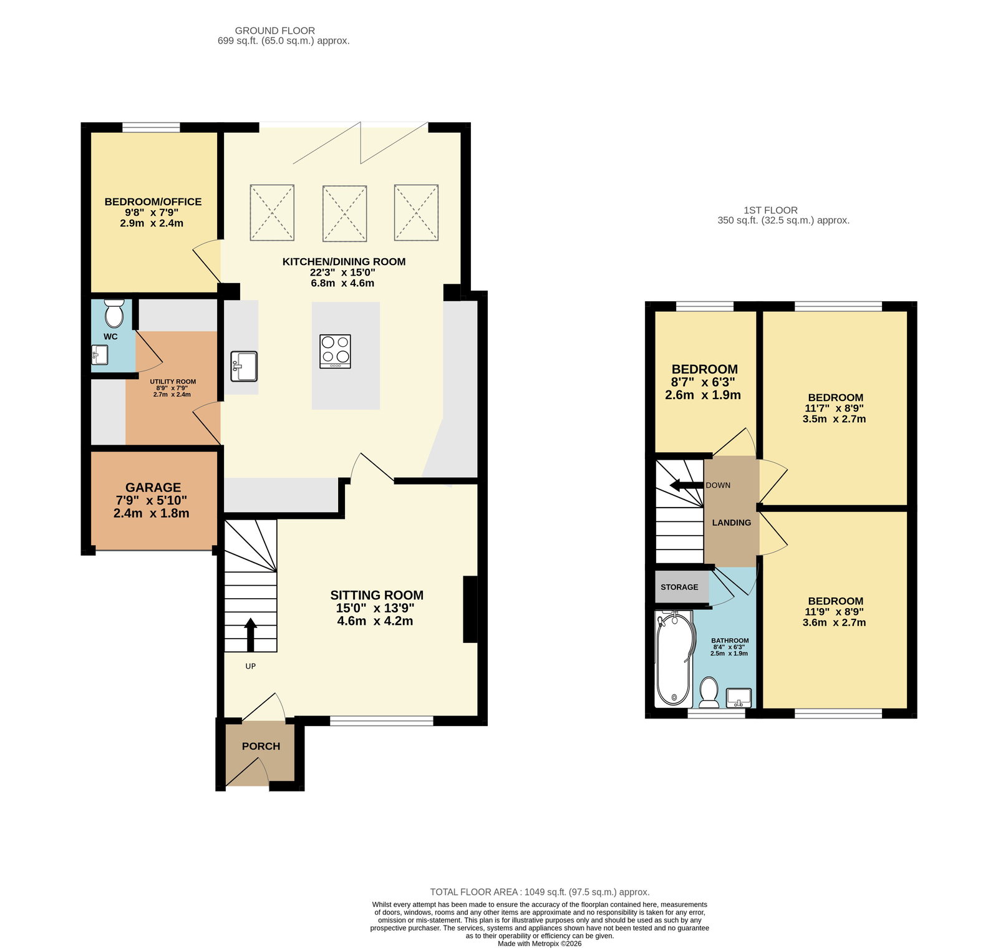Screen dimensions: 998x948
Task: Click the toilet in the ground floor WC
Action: tap(114, 313)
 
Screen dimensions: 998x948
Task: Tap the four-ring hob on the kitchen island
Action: tap(335, 351)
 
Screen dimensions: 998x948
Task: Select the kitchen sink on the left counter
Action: tap(244, 366)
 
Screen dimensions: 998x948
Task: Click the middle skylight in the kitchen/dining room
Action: tap(344, 213)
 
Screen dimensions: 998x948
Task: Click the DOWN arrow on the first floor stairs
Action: tap(686, 485)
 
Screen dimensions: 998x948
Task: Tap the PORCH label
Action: tap(261, 746)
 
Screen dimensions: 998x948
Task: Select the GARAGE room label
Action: tap(153, 487)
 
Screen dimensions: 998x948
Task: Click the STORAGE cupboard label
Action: tap(679, 587)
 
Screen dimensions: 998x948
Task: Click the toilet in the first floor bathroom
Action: tap(709, 693)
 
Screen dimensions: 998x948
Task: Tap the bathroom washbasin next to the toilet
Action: tap(739, 698)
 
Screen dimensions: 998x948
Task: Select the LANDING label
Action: tap(732, 523)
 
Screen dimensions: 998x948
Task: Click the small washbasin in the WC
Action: tap(100, 355)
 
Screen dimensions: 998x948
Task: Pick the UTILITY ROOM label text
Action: tap(173, 382)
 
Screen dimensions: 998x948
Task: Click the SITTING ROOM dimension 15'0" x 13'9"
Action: tap(375, 608)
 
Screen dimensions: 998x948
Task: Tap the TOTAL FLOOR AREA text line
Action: tap(540, 892)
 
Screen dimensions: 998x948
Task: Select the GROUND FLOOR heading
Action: tap(275, 31)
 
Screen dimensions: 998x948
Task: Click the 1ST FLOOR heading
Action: tap(770, 210)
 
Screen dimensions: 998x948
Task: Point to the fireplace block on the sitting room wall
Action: tap(470, 609)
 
